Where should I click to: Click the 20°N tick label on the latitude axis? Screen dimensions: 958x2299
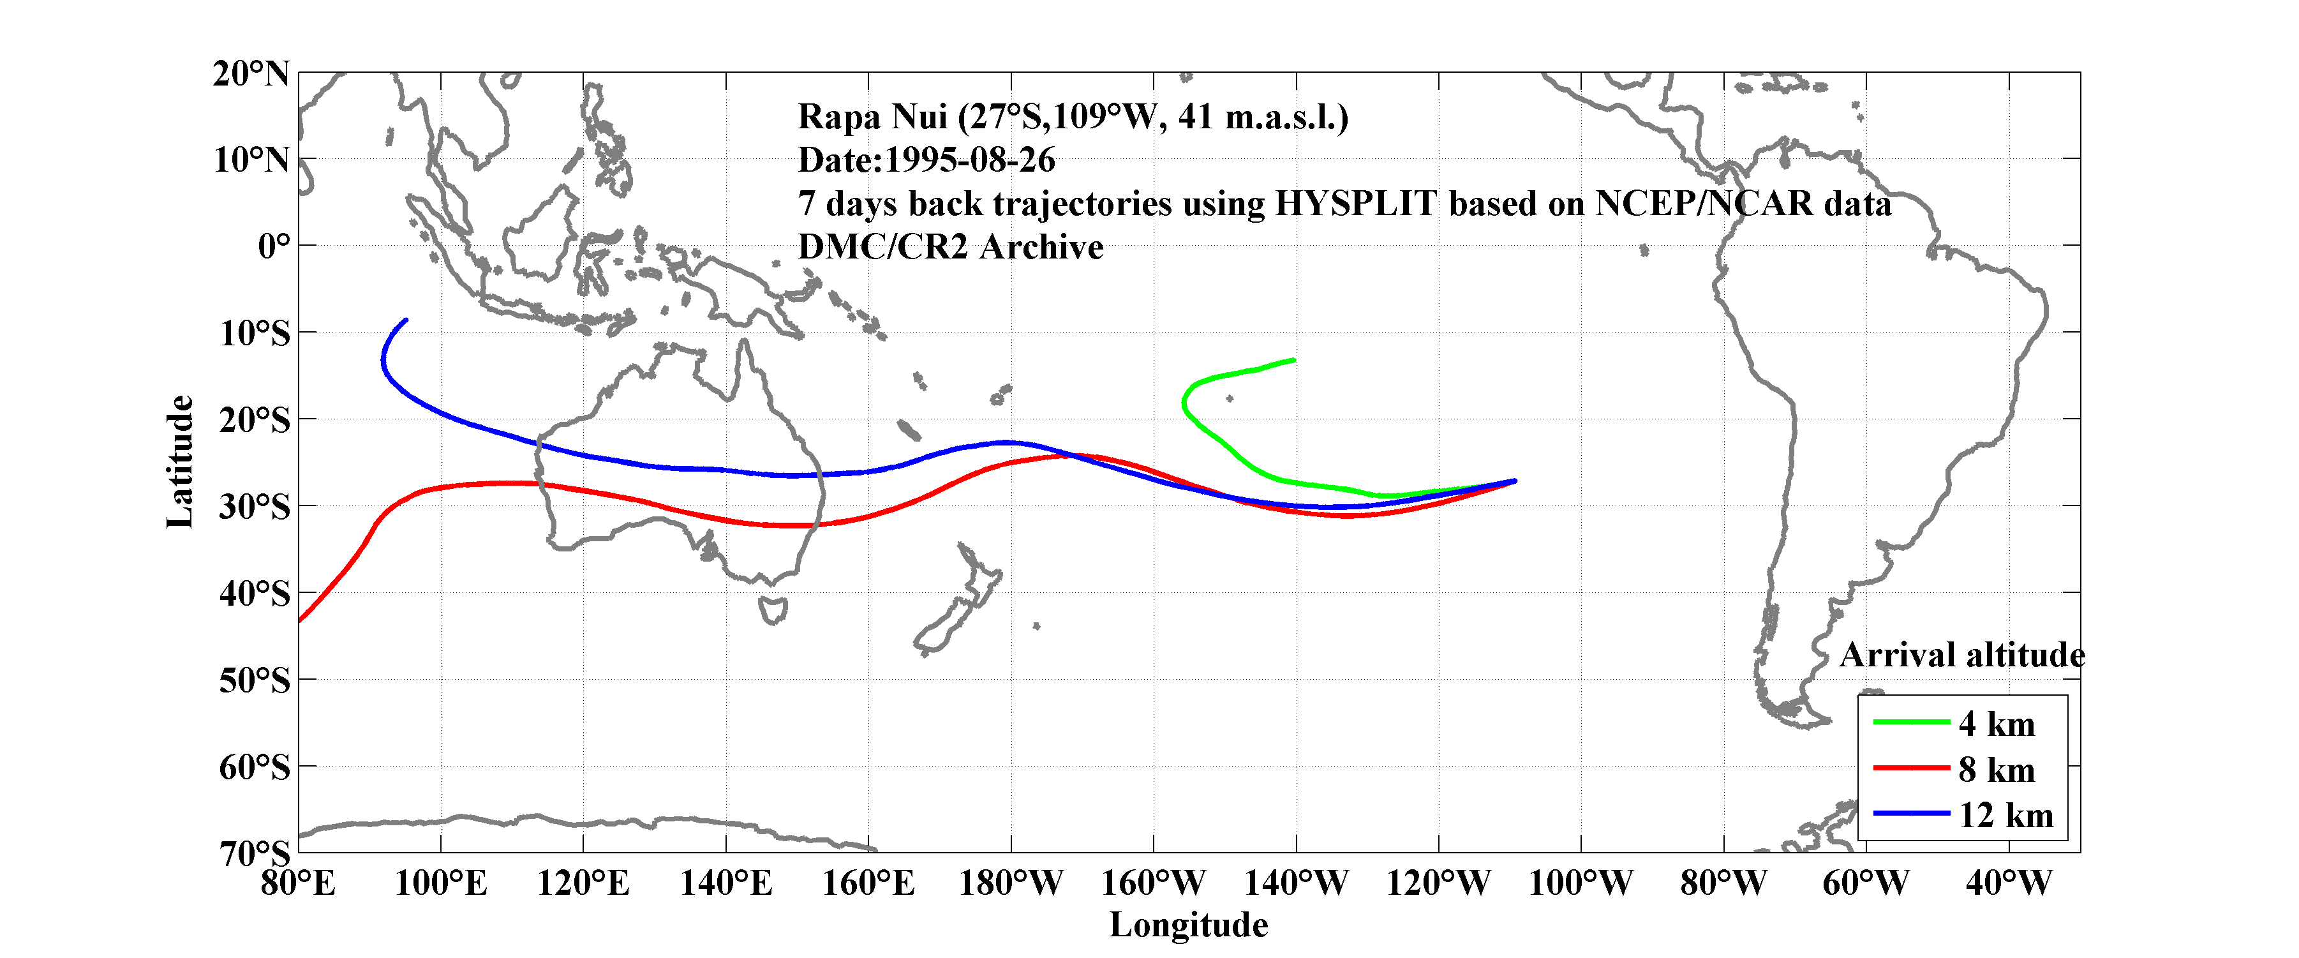(x=251, y=73)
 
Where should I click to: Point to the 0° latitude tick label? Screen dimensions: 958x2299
(x=273, y=246)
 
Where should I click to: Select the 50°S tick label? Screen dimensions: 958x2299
(x=255, y=680)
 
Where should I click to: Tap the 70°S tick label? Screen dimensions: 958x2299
(x=255, y=853)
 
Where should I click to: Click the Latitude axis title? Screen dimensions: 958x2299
(x=181, y=461)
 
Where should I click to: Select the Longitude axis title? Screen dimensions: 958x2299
(x=1188, y=925)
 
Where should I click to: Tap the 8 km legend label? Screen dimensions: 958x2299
(x=1997, y=770)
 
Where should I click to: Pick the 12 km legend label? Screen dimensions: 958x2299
(x=2005, y=815)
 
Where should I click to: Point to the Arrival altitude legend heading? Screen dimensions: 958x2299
(x=1961, y=655)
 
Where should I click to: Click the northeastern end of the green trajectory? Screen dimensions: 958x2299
(x=1293, y=360)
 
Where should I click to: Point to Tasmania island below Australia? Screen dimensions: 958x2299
(x=773, y=611)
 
